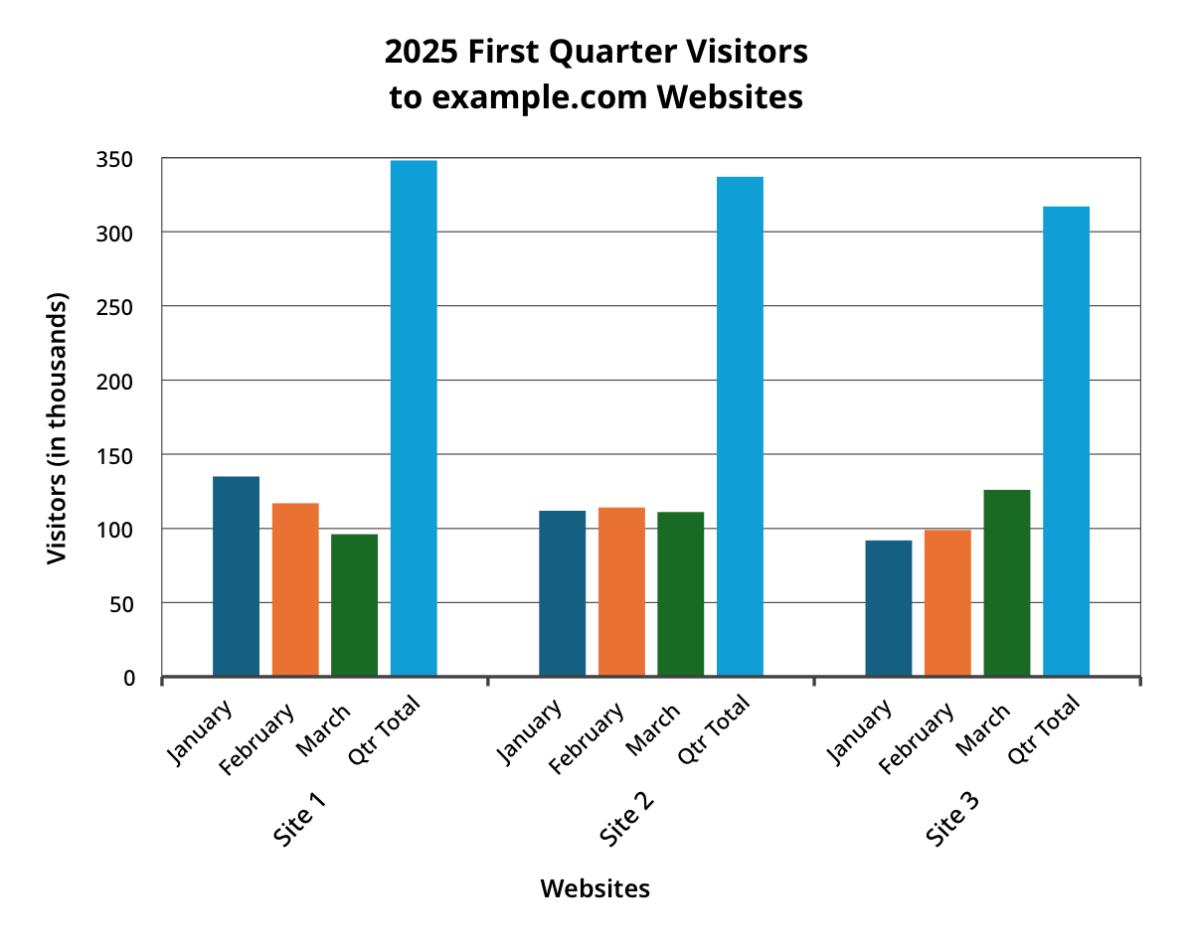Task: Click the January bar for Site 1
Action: click(236, 576)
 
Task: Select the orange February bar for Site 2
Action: click(621, 592)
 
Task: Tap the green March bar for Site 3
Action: click(1007, 583)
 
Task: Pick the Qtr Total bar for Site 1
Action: click(414, 417)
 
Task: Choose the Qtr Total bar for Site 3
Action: click(1066, 441)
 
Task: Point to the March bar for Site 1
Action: click(354, 605)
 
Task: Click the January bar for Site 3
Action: click(888, 608)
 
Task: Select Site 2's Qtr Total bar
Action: click(740, 426)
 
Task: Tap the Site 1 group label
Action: click(301, 819)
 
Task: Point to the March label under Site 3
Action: click(982, 727)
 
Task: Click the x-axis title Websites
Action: click(595, 888)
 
